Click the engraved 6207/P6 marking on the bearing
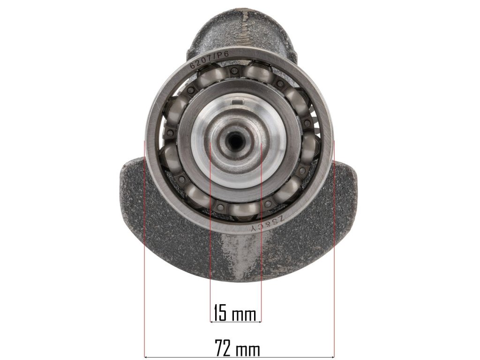[211, 60]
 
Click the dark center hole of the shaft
[235, 140]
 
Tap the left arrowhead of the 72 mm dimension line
[146, 357]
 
